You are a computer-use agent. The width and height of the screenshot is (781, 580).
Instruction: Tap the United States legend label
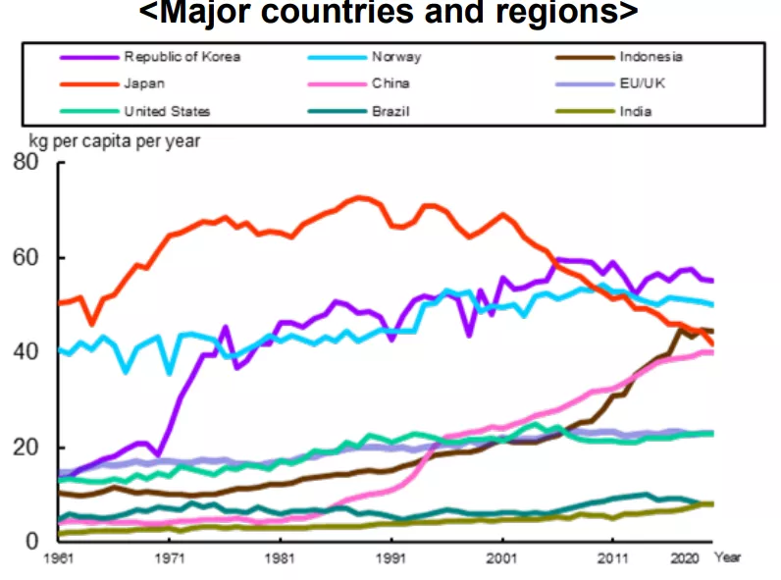point(167,111)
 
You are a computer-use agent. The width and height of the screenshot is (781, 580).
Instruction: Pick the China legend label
point(390,84)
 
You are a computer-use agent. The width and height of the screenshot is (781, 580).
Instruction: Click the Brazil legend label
point(390,111)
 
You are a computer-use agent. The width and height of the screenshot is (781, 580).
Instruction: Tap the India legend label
point(636,111)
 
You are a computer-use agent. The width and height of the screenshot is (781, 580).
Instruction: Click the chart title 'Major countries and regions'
point(389,14)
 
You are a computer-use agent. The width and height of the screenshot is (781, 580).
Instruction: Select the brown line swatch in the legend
point(585,57)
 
